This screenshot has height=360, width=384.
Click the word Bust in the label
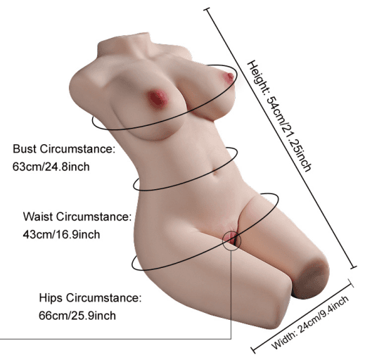25,149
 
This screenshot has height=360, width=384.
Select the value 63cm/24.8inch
51,167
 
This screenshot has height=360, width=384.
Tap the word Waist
38,217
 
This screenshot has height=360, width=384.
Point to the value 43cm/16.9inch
61,235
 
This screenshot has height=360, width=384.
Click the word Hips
51,298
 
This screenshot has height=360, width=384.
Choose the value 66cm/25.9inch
77,316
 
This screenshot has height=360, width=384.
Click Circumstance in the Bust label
77,149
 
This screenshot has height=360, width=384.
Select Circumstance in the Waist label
94,217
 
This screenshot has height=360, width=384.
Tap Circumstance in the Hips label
104,298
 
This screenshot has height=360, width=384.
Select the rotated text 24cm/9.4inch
324,314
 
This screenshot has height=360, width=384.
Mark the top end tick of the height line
207,10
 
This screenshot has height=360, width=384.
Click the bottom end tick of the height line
353,267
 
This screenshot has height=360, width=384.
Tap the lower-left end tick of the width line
253,350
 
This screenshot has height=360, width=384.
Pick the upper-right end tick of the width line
350,283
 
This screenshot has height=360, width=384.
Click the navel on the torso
215,173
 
